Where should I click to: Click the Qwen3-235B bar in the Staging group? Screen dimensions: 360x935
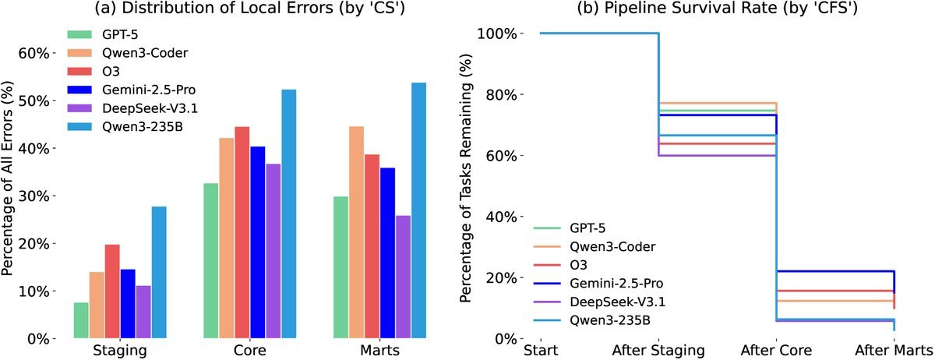[x=159, y=273]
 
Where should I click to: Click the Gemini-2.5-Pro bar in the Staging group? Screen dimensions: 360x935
[x=128, y=304]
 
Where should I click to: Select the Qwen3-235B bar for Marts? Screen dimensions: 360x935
[x=419, y=210]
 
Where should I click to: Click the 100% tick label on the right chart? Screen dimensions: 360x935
[x=496, y=34]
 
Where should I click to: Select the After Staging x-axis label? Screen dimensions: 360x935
[x=658, y=351]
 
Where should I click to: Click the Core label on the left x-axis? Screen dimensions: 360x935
[x=250, y=351]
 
